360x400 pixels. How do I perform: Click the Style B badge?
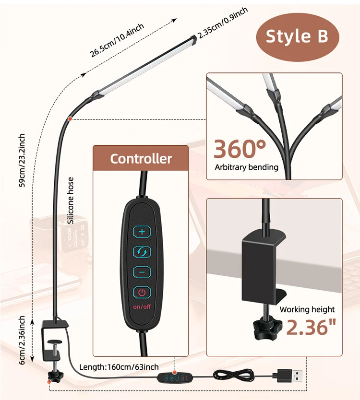[297, 36]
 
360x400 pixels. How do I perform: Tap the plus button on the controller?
[142, 231]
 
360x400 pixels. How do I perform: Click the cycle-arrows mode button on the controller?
[142, 251]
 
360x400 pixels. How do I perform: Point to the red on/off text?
[142, 306]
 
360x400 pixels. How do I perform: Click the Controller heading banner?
[141, 158]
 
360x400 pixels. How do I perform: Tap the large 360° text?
[240, 149]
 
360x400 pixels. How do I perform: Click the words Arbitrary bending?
[247, 167]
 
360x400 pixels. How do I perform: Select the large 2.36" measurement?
[311, 328]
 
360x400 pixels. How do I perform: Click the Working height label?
[307, 309]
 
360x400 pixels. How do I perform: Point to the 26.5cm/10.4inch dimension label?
[117, 41]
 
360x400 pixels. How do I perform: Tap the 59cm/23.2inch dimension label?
[22, 161]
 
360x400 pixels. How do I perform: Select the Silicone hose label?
[71, 200]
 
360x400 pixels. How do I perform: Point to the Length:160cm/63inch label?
[119, 367]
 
